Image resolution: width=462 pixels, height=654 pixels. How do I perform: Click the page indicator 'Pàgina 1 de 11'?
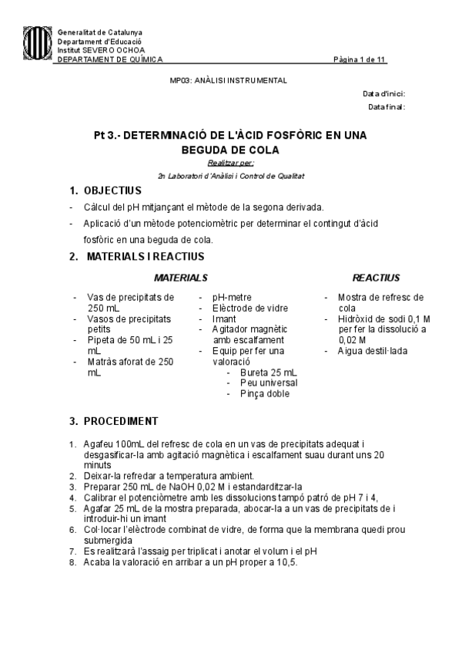360,59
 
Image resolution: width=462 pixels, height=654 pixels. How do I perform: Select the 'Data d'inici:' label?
384,93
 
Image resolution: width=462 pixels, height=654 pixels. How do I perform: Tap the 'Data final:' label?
387,106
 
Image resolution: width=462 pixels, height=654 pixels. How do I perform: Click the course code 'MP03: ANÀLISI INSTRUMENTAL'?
228,80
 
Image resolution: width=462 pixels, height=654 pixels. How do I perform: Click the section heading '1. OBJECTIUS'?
105,190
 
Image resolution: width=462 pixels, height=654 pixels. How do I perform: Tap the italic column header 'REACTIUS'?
376,278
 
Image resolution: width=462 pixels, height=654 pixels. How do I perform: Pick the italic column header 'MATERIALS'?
180,278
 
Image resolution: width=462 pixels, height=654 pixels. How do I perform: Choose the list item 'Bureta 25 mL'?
268,373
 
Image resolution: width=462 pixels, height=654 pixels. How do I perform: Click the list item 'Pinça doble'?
265,393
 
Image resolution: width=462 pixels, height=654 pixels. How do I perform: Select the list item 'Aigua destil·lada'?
373,351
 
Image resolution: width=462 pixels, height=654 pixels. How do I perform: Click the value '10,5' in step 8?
286,562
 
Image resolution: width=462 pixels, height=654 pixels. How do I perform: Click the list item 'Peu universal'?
269,383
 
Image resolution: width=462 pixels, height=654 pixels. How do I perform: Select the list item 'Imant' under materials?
225,319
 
